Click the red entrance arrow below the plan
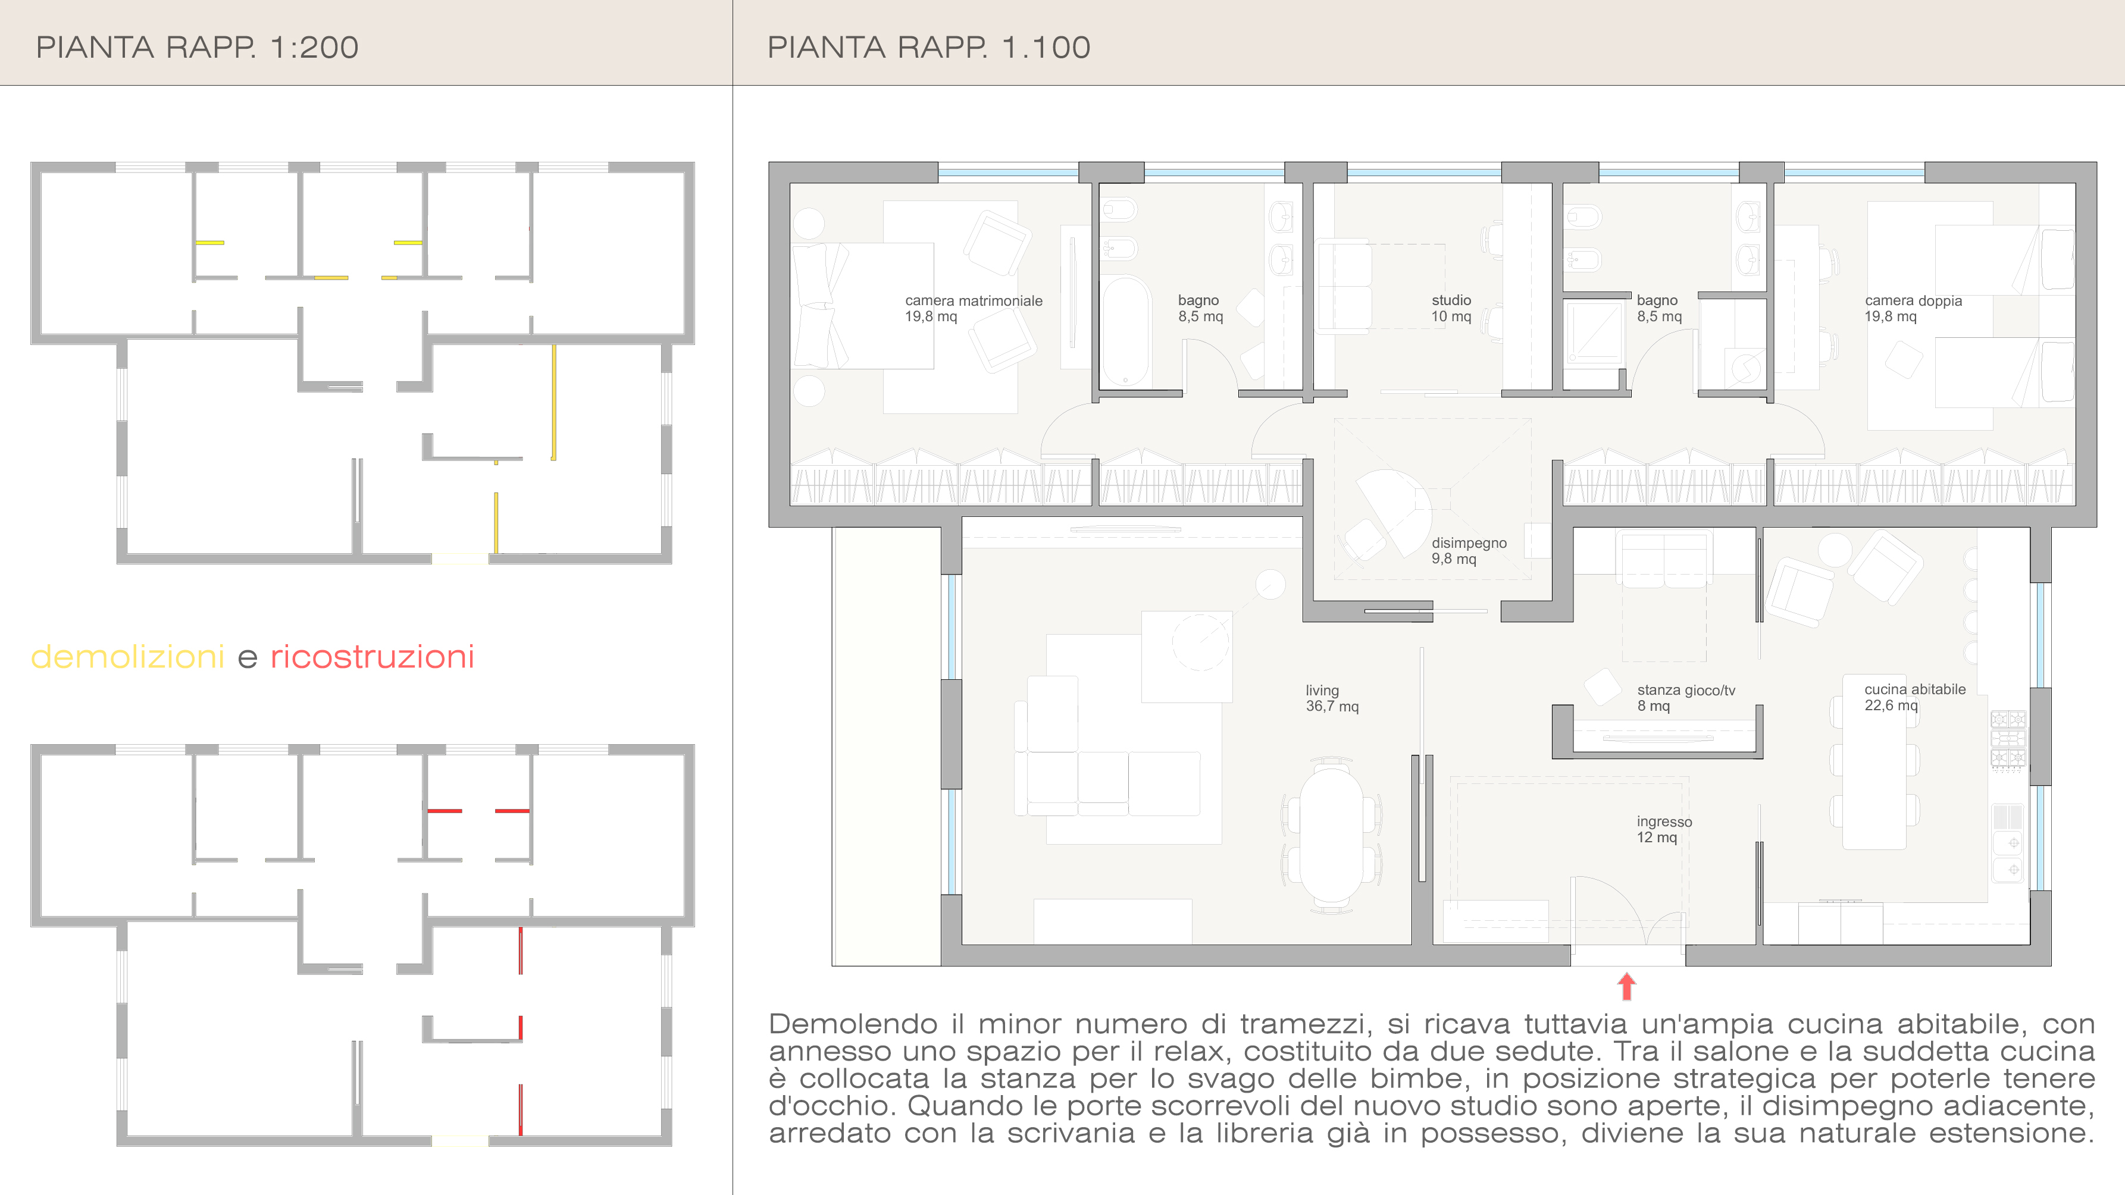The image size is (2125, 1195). pos(1626,986)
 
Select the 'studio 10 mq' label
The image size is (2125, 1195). pos(1451,308)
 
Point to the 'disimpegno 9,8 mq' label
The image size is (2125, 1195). pos(1469,550)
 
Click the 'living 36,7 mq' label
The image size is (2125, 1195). pos(1331,698)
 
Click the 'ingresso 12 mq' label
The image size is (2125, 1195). pos(1664,829)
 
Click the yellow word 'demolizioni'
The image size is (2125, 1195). pos(128,657)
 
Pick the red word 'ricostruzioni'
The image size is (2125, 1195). pos(372,657)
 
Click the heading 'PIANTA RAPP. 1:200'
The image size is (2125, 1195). pos(197,47)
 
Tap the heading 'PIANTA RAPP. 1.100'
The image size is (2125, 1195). pos(929,47)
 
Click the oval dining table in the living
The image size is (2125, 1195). pos(1331,835)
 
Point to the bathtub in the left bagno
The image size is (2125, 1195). pos(1125,331)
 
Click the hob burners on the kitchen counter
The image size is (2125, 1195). pos(2008,739)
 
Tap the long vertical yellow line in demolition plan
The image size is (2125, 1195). pos(553,402)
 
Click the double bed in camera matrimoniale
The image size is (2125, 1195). pos(863,305)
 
